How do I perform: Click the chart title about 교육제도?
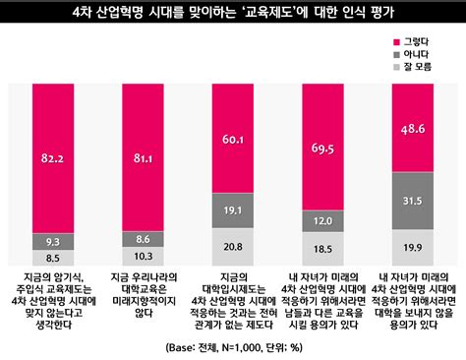pos(233,13)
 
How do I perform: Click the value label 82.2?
pos(53,156)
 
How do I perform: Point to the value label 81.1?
pos(143,156)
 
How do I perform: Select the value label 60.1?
pos(233,141)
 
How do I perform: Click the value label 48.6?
pos(412,129)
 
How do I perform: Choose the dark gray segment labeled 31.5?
pos(412,201)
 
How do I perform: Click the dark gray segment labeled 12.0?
pos(322,221)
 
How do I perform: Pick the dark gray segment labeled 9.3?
pos(53,241)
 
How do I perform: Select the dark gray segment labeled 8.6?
pos(143,239)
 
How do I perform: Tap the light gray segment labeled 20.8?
pos(233,245)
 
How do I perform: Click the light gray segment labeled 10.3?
pos(143,255)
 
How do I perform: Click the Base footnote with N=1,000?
pos(233,345)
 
